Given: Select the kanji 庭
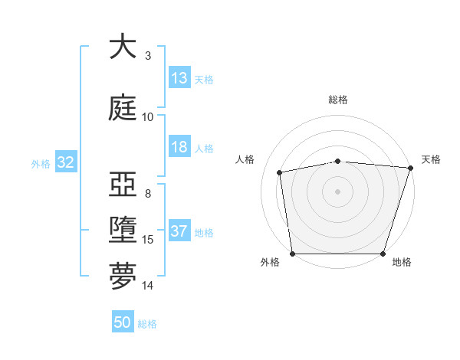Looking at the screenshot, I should [x=123, y=107].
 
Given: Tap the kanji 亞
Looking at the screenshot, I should [x=123, y=185].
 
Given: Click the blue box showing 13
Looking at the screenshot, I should [x=179, y=78].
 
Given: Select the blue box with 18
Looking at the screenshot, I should [x=179, y=148].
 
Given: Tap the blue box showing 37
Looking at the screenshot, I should [x=179, y=232].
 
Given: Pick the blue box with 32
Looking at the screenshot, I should [x=65, y=162].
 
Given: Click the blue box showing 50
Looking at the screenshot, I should [x=123, y=323].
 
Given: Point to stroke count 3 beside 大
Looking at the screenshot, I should [x=148, y=56].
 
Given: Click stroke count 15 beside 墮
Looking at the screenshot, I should [x=148, y=240].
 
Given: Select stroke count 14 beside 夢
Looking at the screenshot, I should [x=148, y=286].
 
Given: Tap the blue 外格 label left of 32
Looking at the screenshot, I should [x=41, y=163].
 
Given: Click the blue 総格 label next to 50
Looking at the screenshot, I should [x=147, y=324].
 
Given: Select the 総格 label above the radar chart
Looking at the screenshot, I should [x=338, y=100].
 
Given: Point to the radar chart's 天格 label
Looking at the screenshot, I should [x=431, y=159].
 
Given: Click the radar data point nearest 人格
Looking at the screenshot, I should [x=280, y=172].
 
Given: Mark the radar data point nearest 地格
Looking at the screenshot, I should [x=383, y=254].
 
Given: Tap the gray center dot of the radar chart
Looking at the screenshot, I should [x=338, y=191].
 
